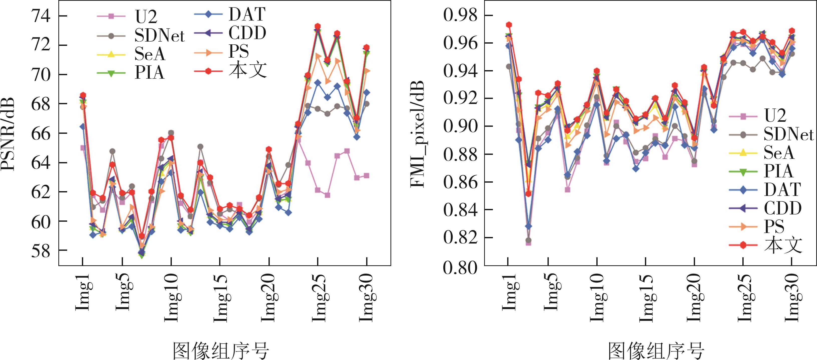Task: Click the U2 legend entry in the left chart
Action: point(146,17)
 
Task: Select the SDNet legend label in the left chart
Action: point(159,36)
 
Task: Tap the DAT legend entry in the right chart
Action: point(782,190)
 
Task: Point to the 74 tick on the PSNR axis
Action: point(41,16)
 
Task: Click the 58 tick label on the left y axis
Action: point(41,251)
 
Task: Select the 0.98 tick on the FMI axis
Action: point(460,15)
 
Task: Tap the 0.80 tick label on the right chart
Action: point(460,267)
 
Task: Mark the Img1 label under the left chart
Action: point(83,292)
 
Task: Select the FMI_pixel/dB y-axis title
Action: point(417,134)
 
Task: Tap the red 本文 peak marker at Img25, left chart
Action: point(318,26)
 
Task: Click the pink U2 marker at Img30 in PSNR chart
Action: point(366,176)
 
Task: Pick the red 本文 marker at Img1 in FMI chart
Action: point(509,25)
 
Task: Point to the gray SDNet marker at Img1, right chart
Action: point(509,67)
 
